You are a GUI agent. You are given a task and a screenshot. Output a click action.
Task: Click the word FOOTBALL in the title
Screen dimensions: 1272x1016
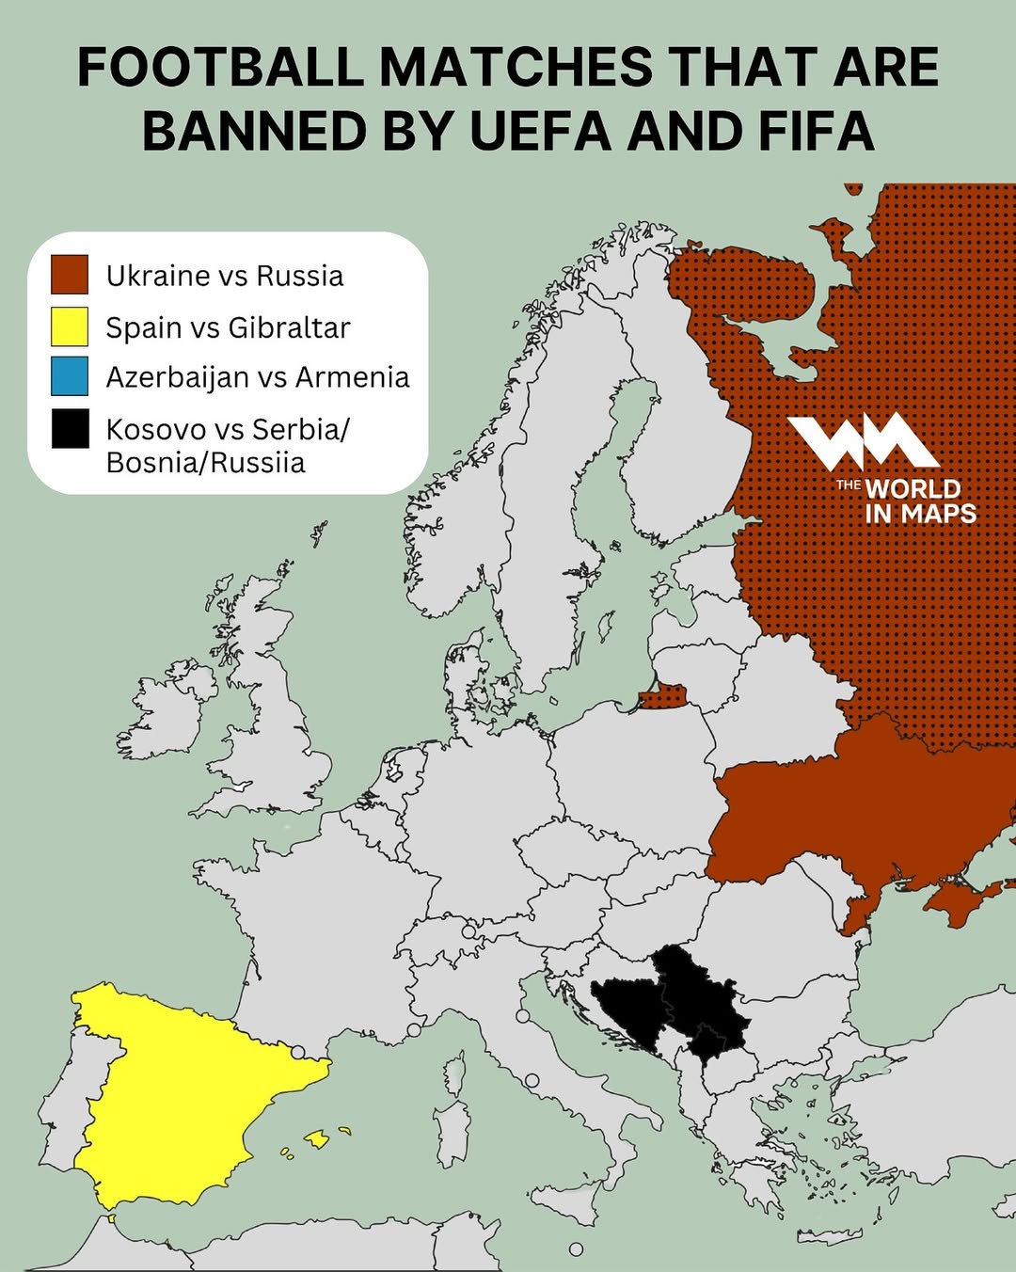(220, 68)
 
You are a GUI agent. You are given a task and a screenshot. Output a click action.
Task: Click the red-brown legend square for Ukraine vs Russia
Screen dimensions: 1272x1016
(70, 275)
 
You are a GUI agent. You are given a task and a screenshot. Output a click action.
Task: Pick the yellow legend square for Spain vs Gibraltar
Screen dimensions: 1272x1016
(70, 326)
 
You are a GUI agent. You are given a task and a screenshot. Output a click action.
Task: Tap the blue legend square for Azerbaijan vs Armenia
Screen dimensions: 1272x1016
(70, 376)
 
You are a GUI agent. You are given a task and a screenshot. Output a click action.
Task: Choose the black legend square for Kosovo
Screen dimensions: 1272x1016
(70, 429)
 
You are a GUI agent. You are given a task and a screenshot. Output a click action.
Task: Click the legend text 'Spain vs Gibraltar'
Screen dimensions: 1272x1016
(228, 327)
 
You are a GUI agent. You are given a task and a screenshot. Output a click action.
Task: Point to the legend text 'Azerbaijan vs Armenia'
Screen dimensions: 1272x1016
(257, 377)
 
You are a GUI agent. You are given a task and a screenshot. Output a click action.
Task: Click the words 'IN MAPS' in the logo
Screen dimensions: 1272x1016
(920, 514)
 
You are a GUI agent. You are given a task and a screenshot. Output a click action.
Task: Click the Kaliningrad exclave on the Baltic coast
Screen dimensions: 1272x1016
(664, 698)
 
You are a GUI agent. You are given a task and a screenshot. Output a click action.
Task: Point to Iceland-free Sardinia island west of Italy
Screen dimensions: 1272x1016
(453, 1134)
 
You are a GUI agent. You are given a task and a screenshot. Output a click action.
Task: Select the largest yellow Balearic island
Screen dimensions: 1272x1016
(317, 1139)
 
